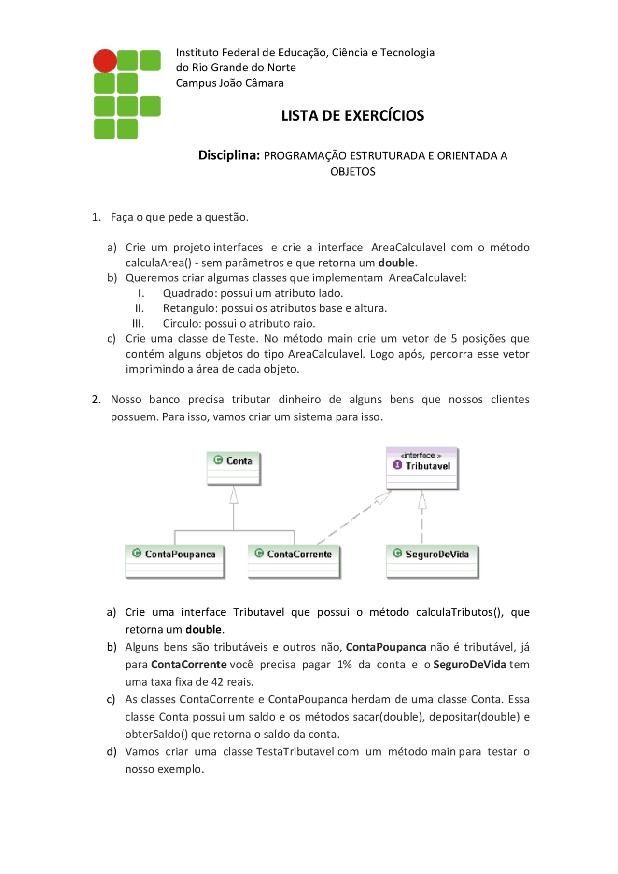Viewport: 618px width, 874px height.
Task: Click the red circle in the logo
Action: click(105, 61)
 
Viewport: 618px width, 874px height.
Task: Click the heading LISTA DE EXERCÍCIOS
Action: click(352, 116)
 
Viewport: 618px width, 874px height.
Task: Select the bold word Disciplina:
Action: click(229, 155)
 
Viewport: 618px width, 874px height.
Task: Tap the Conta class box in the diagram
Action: click(233, 468)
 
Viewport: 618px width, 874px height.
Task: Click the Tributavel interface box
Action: click(421, 468)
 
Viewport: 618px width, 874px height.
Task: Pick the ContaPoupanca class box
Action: click(175, 561)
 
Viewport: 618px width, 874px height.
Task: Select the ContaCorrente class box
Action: click(294, 561)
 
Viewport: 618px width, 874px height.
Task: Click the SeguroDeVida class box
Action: click(432, 561)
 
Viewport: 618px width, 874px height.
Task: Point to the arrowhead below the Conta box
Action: click(234, 495)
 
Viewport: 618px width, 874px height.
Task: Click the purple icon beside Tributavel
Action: click(397, 465)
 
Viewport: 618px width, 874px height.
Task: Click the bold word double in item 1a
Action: click(396, 263)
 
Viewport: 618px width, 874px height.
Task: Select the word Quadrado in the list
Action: click(183, 293)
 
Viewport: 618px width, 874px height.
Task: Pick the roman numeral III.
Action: click(138, 324)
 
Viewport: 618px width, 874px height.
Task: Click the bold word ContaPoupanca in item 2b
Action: click(386, 647)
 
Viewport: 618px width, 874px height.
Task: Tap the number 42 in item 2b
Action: click(217, 682)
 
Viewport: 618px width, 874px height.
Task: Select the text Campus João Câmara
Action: click(229, 83)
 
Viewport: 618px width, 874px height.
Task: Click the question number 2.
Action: click(96, 400)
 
